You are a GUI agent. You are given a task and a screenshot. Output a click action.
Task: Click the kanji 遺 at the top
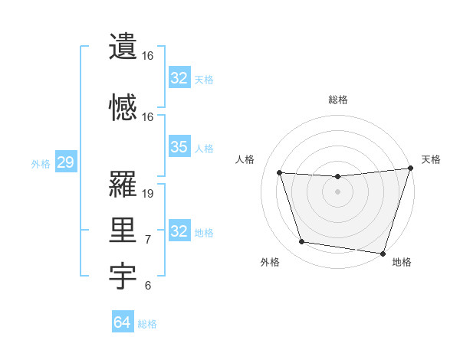pos(123,46)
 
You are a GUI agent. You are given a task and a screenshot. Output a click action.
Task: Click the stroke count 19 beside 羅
pos(149,194)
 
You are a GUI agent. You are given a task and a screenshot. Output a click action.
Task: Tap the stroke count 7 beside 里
pos(148,240)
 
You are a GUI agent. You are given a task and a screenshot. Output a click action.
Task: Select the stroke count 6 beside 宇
pos(148,286)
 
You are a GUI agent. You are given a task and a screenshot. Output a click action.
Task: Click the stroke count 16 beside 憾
pos(148,117)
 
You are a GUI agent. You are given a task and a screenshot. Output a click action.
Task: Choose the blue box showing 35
pos(179,147)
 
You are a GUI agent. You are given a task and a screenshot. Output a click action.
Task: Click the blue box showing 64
pos(122,322)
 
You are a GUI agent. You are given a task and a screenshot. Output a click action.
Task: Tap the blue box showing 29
pos(65,162)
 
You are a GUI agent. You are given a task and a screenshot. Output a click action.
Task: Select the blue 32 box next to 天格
pos(179,77)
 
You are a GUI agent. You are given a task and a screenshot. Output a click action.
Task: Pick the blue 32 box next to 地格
pos(179,231)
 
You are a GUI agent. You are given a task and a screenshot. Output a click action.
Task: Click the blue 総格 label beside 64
pos(147,324)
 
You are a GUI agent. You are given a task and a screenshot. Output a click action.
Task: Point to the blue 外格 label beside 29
pos(41,163)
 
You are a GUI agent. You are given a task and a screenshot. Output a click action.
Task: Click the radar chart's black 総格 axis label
pos(337,100)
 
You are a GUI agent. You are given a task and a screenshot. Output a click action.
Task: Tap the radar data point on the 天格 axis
pos(410,169)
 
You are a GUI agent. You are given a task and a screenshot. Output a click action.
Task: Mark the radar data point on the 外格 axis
pos(301,242)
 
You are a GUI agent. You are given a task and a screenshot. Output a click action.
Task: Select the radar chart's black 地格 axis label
pos(402,262)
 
